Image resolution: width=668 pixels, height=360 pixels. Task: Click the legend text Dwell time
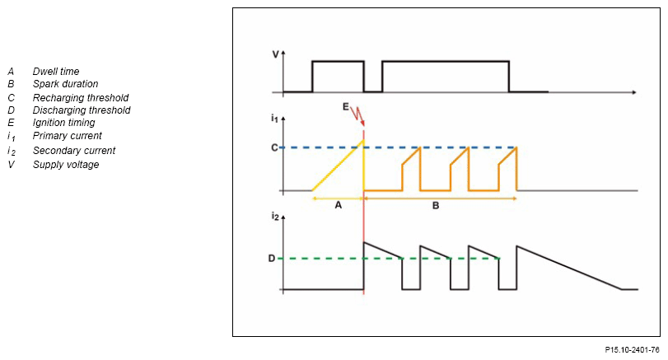tap(56, 72)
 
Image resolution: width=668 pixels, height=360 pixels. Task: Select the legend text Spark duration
tap(65, 84)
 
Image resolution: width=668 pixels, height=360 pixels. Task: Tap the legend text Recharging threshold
tap(80, 97)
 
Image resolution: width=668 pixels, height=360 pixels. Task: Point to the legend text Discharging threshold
tap(82, 110)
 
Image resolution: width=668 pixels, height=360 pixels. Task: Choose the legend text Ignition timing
tap(63, 123)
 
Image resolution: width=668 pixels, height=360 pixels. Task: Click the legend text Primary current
tap(68, 135)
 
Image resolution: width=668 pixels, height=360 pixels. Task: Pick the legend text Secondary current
tap(74, 151)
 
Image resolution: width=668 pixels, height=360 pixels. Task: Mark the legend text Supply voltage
tap(66, 165)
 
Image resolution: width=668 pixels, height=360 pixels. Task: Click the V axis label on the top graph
tap(275, 54)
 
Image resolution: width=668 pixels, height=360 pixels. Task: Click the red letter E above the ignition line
tap(346, 107)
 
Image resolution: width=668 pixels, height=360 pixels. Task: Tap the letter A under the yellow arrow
tap(338, 206)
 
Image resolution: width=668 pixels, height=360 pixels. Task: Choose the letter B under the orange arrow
tap(436, 206)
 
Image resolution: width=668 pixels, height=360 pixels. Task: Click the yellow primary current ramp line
tap(338, 169)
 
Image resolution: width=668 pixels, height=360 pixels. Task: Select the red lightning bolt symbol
tap(357, 115)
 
